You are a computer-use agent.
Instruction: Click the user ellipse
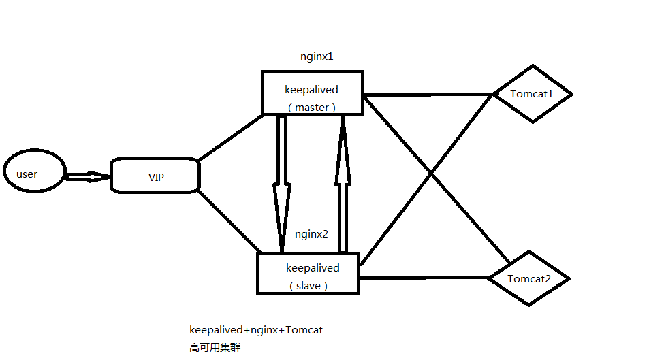click(34, 174)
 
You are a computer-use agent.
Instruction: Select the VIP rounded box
click(155, 176)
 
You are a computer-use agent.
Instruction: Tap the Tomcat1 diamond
click(532, 94)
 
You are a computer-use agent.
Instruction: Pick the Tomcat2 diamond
click(529, 278)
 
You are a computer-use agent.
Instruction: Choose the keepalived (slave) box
click(308, 274)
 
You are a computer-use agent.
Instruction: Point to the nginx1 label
click(317, 56)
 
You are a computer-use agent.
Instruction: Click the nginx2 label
click(312, 234)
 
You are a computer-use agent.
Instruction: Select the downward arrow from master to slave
click(281, 184)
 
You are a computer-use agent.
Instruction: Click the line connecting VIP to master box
click(231, 137)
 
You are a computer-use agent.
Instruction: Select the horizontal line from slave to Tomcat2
click(424, 278)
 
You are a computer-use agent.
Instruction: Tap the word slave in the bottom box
click(308, 286)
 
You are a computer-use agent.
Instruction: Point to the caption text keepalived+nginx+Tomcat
click(256, 330)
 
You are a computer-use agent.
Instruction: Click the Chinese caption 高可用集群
click(215, 348)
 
